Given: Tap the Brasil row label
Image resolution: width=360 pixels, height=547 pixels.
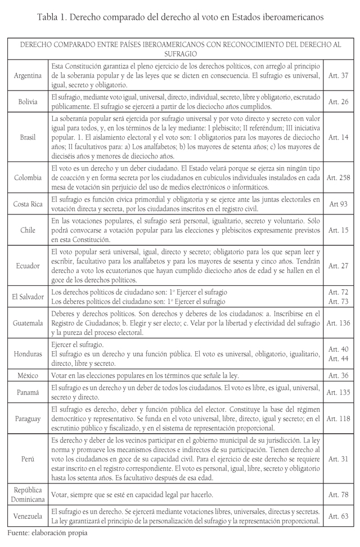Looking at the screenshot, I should pyautogui.click(x=28, y=137).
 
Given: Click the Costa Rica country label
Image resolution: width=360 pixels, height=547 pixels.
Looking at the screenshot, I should pyautogui.click(x=28, y=204).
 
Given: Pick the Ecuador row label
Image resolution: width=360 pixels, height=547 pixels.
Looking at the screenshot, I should pyautogui.click(x=28, y=265).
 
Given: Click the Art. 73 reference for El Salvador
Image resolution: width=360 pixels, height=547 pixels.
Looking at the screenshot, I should pyautogui.click(x=339, y=301).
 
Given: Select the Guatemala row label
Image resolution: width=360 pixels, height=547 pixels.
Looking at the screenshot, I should pyautogui.click(x=28, y=323).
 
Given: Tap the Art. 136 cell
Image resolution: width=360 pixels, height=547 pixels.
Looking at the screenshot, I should pyautogui.click(x=339, y=323).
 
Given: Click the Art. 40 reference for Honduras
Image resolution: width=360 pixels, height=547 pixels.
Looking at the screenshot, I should pyautogui.click(x=339, y=348).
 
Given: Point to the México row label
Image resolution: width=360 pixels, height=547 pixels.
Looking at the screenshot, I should pyautogui.click(x=28, y=375).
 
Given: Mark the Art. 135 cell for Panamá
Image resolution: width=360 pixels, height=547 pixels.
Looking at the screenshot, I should pyautogui.click(x=339, y=393).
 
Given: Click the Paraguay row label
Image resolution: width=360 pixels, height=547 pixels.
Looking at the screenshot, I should pyautogui.click(x=28, y=419).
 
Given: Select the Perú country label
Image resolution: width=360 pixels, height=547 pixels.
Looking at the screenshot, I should pyautogui.click(x=28, y=459).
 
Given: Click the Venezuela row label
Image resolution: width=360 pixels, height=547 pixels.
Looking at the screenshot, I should pyautogui.click(x=28, y=515).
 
